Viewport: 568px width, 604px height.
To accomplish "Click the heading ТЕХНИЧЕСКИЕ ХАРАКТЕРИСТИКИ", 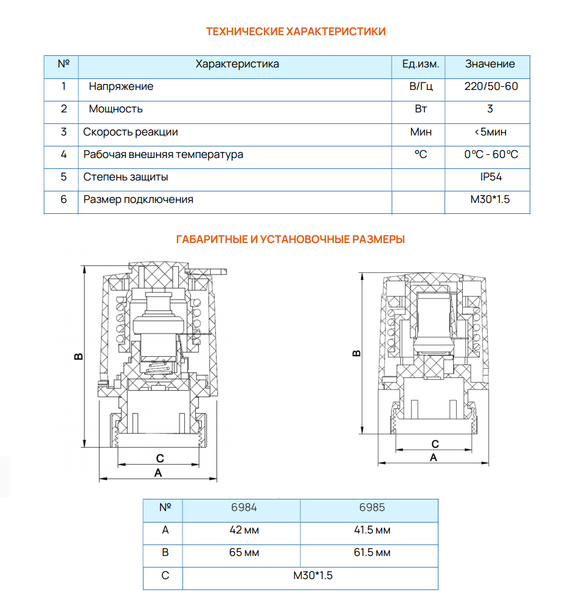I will [x=296, y=32].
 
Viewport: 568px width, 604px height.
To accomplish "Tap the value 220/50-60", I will [x=491, y=86].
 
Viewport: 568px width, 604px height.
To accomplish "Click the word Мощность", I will [x=116, y=109].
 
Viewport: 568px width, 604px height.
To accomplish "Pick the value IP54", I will [x=490, y=177].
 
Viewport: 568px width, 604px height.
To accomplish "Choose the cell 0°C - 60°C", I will [x=491, y=154].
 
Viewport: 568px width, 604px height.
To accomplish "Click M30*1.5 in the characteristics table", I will [x=490, y=199].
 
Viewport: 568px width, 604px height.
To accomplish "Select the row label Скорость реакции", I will [x=130, y=132].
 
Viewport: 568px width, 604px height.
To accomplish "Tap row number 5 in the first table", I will [x=64, y=177].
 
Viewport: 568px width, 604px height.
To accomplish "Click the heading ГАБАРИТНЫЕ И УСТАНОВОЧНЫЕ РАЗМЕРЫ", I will [x=290, y=239].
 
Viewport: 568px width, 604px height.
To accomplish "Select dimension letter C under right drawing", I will [x=435, y=444].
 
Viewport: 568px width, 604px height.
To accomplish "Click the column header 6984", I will [x=245, y=507].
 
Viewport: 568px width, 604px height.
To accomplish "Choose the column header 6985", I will [x=372, y=507].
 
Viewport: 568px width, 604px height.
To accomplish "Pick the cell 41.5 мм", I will [x=372, y=530].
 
